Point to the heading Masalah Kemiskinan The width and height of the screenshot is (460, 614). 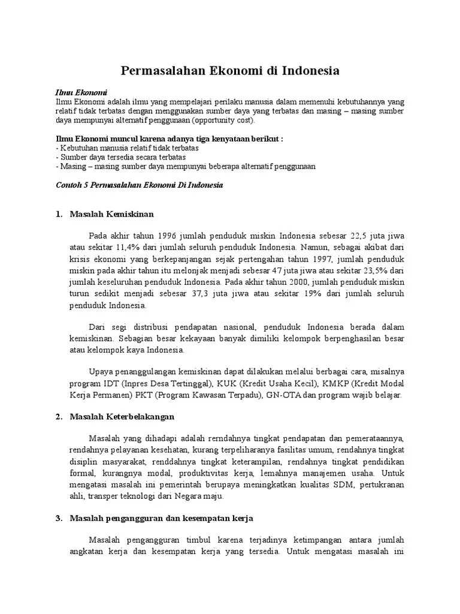pyautogui.click(x=112, y=213)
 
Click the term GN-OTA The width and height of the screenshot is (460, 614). pyautogui.click(x=280, y=395)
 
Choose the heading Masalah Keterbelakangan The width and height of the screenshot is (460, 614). pyautogui.click(x=122, y=416)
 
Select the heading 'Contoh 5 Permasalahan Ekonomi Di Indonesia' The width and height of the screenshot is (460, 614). pyautogui.click(x=139, y=185)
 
